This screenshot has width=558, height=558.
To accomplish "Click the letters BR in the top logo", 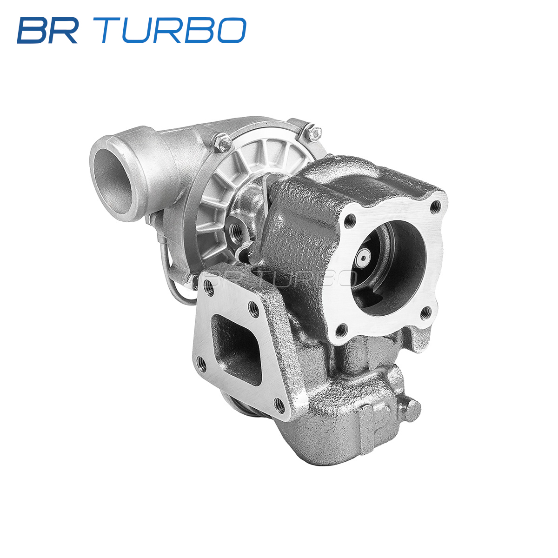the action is (47, 30).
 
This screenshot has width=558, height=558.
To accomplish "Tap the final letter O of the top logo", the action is (232, 30).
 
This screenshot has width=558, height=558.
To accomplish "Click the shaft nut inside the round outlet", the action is (362, 258).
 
